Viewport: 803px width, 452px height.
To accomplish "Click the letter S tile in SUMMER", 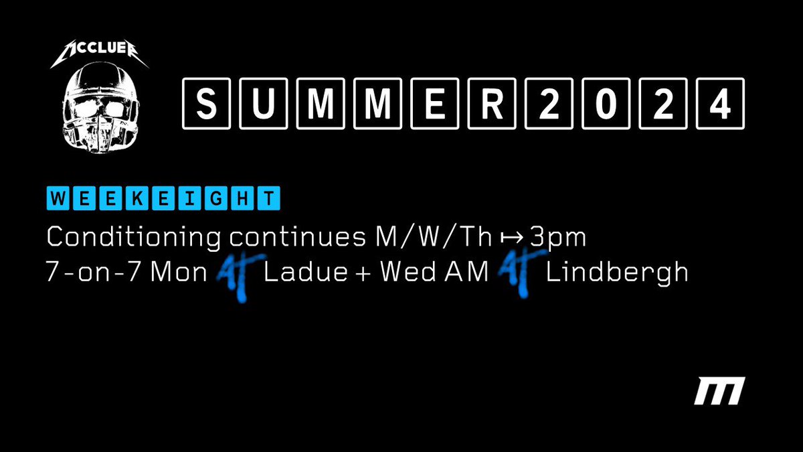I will (207, 104).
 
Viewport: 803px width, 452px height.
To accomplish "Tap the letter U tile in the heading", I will (266, 104).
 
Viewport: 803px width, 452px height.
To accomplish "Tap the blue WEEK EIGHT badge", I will (163, 199).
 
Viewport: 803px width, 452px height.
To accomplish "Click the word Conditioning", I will (133, 237).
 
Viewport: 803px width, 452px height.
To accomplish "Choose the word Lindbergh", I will (617, 273).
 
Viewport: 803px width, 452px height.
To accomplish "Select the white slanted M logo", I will (719, 391).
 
